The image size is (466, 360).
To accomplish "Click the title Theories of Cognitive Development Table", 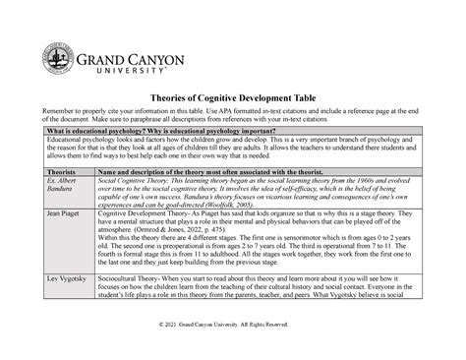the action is coord(232,98).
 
